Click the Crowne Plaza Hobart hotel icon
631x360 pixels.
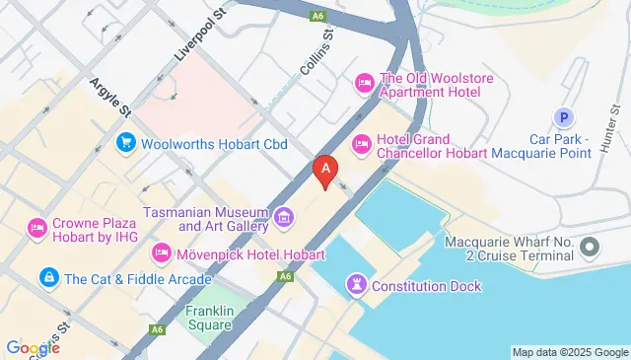[x=37, y=228]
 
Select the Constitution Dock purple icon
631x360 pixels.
[x=355, y=286]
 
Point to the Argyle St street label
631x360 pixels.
[x=111, y=99]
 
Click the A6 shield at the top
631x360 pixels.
[x=316, y=16]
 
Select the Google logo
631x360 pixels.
[x=33, y=347]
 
